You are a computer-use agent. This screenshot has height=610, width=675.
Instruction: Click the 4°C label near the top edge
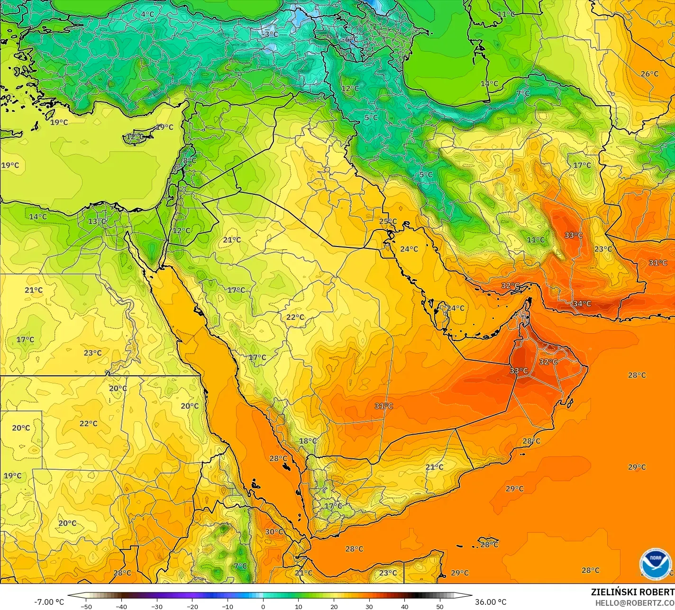[x=147, y=14]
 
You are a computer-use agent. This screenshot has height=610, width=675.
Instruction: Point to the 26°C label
[x=649, y=74]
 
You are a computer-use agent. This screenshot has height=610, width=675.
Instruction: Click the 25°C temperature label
[x=388, y=221]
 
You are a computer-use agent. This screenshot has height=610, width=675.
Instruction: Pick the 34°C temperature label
[x=582, y=303]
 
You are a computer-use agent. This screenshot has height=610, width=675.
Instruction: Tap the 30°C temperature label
[x=274, y=532]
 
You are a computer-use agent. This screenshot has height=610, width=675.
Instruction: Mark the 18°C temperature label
[x=308, y=441]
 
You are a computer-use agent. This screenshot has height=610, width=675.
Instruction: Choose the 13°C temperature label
[x=97, y=221]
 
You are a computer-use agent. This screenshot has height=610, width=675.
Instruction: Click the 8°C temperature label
[x=190, y=161]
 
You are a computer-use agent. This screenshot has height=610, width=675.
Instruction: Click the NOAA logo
[x=655, y=564]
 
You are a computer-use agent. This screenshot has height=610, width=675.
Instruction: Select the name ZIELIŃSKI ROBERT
[x=632, y=592]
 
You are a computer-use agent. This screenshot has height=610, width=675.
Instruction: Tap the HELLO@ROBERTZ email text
[x=635, y=602]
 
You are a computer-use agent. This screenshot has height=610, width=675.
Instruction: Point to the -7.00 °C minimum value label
[x=49, y=602]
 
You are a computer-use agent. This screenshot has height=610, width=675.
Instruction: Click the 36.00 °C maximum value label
[x=491, y=602]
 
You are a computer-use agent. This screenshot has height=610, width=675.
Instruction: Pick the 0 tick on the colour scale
[x=263, y=606]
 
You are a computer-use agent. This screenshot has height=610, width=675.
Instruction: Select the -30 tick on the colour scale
[x=157, y=606]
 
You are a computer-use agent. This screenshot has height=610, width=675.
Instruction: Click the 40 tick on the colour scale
[x=405, y=606]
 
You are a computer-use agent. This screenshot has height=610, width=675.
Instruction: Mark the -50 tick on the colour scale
[x=86, y=606]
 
